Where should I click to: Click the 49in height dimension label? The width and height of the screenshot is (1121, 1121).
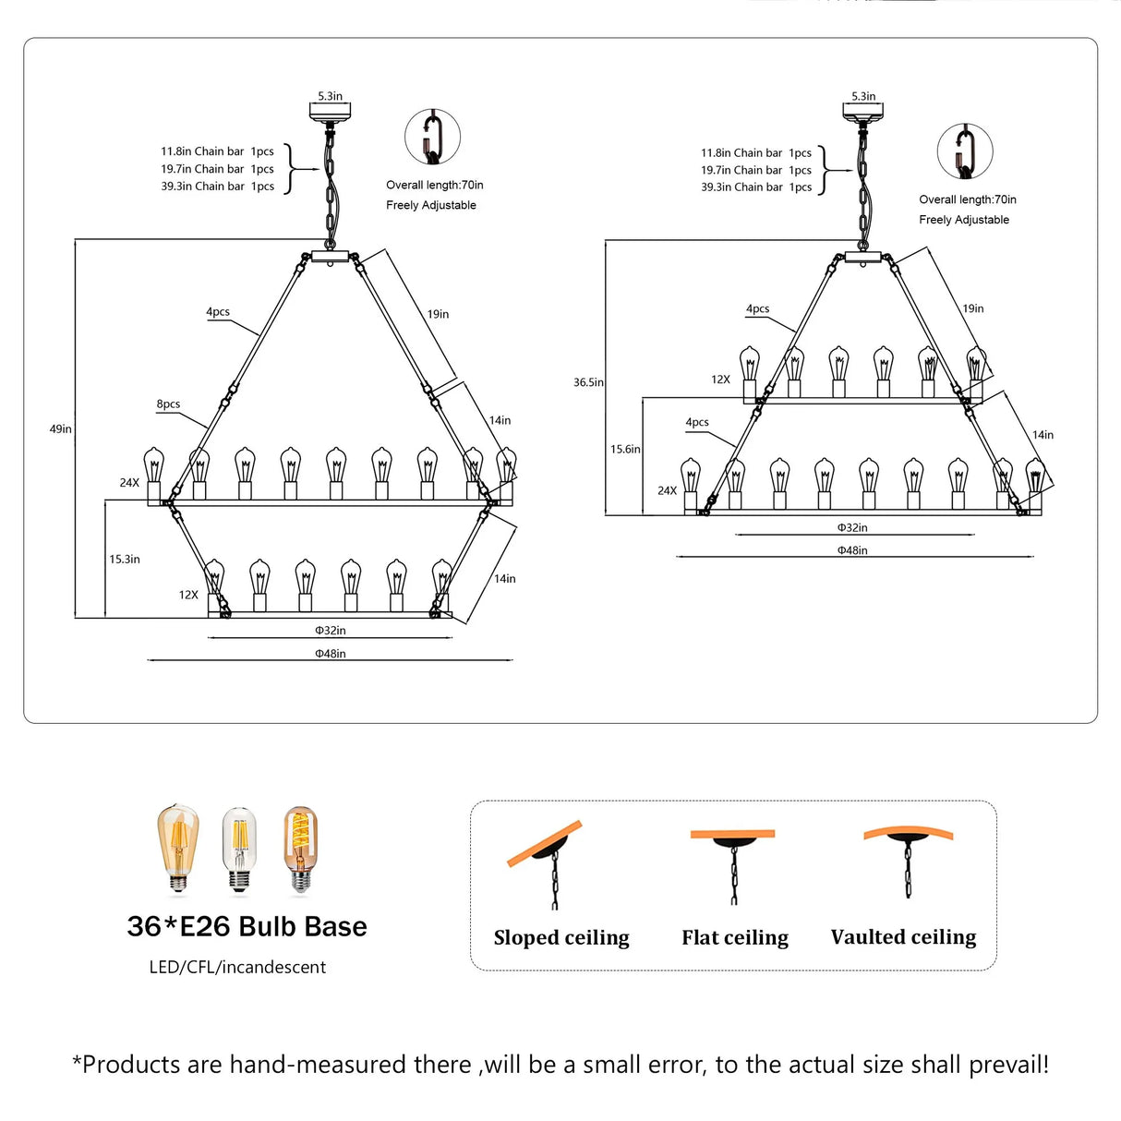point(61,428)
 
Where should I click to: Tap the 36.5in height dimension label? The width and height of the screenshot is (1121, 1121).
point(588,382)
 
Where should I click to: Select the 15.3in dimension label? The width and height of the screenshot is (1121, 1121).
point(125,559)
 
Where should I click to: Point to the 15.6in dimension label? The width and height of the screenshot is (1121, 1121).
point(625,449)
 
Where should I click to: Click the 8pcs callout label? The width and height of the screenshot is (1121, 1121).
point(168,404)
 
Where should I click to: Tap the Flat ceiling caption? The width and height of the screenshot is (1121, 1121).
point(735,937)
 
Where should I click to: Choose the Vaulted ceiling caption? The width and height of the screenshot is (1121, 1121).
point(903,936)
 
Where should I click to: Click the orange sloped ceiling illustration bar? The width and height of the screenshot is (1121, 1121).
point(545,843)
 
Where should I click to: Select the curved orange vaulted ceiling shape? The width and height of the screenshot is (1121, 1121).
point(908,833)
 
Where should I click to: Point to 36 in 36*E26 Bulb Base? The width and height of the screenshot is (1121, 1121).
point(145,927)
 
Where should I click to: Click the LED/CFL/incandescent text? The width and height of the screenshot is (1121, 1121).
point(237,967)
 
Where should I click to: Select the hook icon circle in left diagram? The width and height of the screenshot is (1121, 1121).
point(432,137)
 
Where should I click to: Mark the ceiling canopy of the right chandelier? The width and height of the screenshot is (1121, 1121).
point(862,113)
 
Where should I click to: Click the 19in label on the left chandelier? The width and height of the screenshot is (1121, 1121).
point(438,314)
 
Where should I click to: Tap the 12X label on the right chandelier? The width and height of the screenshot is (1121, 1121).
point(720,380)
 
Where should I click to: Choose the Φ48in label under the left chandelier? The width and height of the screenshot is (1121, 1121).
point(330,653)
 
